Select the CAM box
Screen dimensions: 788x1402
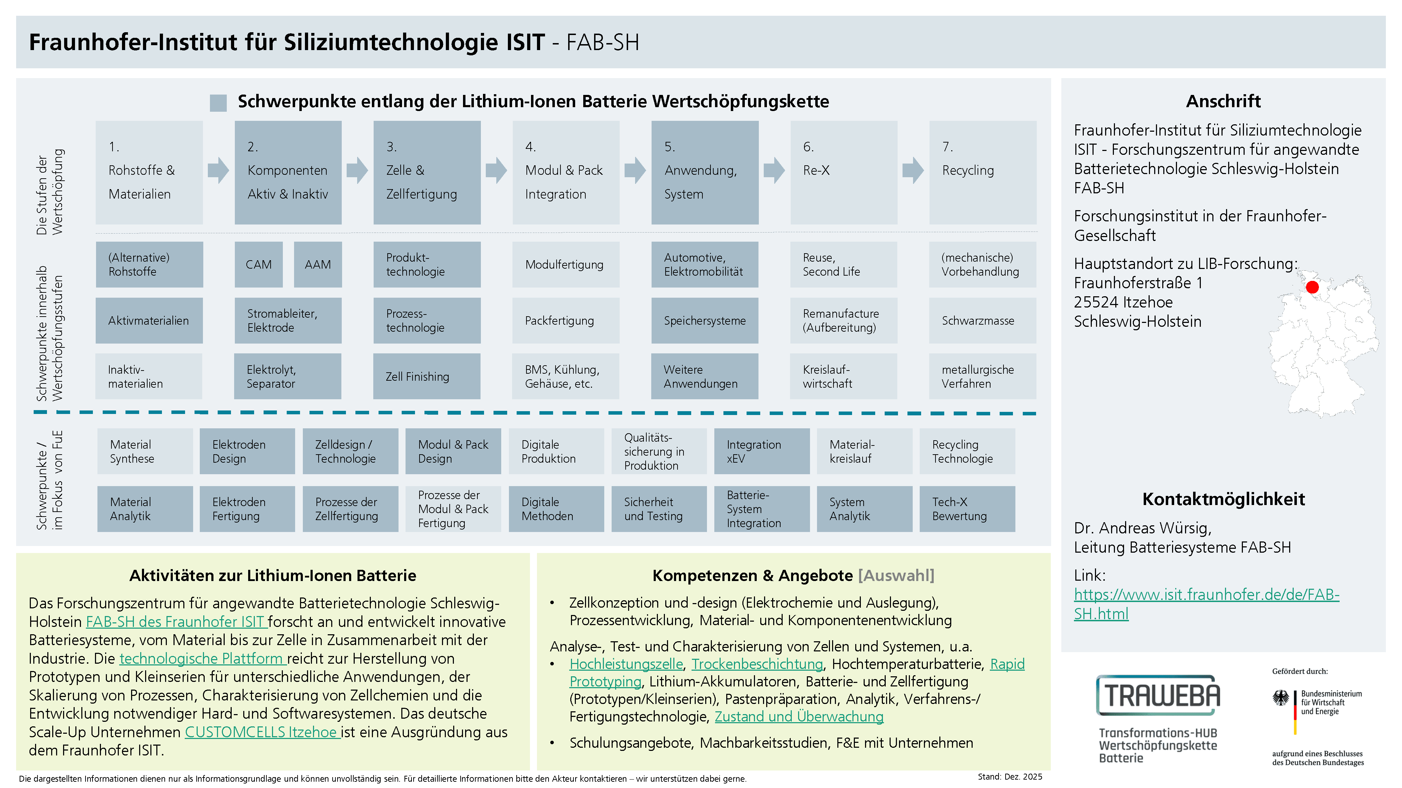click(259, 265)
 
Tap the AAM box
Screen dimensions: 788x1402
click(318, 265)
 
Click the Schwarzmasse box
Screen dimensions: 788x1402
click(982, 321)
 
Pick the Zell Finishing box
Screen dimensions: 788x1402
click(427, 376)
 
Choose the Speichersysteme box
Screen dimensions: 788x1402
click(705, 321)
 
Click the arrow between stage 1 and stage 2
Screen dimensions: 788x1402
click(218, 170)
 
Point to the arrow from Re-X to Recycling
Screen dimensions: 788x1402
click(913, 170)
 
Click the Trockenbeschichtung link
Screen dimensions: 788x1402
click(757, 664)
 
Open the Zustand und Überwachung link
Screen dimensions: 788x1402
click(799, 717)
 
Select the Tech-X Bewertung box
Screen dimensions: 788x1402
click(967, 509)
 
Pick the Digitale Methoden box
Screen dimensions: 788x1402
click(556, 509)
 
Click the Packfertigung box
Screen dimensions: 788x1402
click(565, 321)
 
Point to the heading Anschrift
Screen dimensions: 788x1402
click(1223, 101)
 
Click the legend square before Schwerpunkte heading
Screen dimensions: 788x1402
click(218, 102)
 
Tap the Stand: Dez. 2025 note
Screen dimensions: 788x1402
click(1009, 776)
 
